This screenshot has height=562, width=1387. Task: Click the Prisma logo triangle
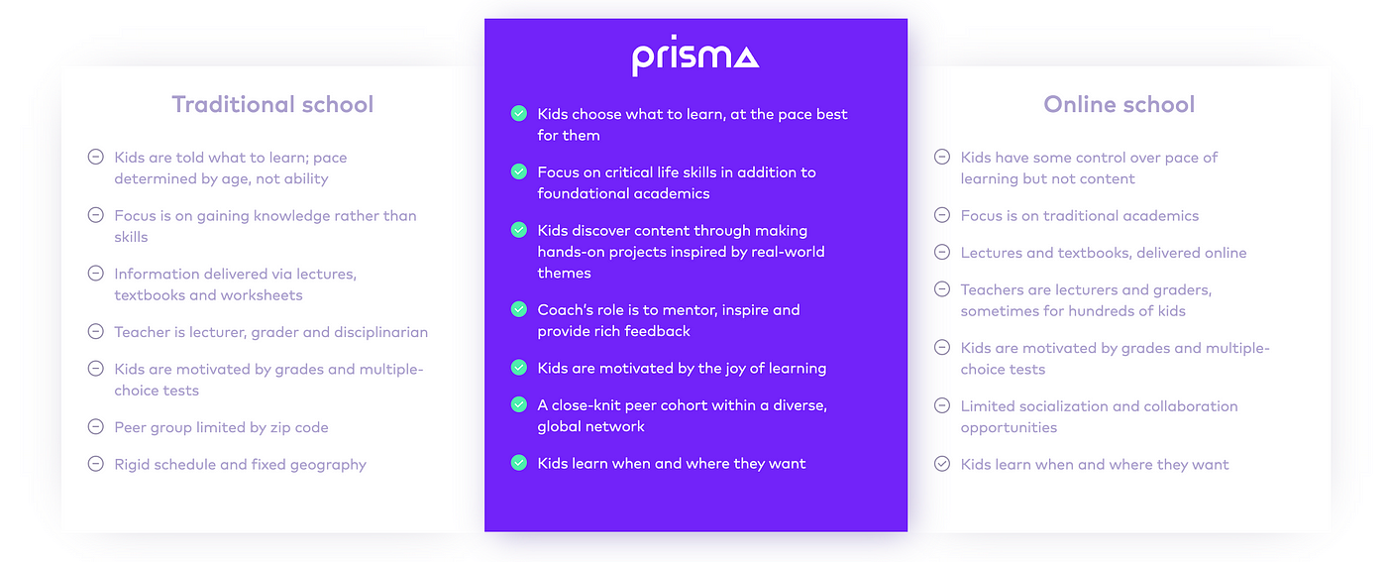tap(745, 57)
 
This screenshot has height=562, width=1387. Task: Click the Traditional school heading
tap(272, 104)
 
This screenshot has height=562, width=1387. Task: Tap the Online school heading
tap(1119, 104)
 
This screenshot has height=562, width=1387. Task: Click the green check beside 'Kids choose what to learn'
tap(519, 113)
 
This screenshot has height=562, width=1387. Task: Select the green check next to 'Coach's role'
tap(519, 309)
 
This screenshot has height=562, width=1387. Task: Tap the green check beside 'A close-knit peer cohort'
tap(519, 404)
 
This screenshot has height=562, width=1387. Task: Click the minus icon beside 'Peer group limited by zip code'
tap(95, 426)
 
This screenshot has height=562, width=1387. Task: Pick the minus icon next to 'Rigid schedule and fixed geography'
tap(95, 464)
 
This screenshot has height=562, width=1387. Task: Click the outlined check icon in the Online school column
tap(942, 464)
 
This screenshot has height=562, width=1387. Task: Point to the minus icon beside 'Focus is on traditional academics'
tap(942, 215)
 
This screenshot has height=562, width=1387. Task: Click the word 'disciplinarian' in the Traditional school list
tap(380, 332)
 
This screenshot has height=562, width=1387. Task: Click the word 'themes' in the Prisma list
tap(564, 273)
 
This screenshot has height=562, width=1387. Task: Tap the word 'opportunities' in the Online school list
tap(1009, 428)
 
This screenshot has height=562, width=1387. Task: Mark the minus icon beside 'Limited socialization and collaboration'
tap(942, 405)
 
